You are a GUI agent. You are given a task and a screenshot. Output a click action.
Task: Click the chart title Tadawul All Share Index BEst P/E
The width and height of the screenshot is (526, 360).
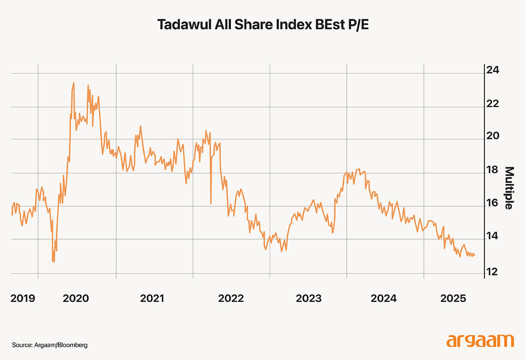[263, 25]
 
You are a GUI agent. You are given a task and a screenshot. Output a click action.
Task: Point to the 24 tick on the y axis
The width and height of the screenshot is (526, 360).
[494, 70]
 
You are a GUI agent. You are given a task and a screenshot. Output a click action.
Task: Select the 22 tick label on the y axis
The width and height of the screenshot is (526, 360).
[494, 104]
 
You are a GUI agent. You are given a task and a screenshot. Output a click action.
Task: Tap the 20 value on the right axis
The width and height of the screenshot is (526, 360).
[494, 137]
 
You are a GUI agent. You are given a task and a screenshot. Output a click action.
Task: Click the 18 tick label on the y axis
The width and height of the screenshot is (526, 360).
[494, 170]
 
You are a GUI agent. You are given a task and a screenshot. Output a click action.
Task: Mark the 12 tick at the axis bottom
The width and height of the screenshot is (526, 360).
[494, 272]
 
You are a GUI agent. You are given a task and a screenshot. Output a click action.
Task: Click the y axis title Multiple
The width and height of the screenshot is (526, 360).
[508, 188]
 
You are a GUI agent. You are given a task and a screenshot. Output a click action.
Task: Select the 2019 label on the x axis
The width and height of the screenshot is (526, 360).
[23, 299]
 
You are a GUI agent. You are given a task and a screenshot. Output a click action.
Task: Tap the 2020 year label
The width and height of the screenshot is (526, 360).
[76, 299]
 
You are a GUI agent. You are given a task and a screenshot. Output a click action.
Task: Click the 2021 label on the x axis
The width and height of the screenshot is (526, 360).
[152, 299]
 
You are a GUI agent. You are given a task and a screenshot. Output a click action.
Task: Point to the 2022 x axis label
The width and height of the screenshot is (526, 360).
[231, 299]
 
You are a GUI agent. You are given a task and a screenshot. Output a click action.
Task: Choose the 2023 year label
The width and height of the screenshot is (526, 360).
[309, 299]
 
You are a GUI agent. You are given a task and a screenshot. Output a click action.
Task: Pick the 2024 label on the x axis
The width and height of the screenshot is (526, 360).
[384, 299]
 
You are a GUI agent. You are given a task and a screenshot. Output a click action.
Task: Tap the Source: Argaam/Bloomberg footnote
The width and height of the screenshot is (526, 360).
[50, 345]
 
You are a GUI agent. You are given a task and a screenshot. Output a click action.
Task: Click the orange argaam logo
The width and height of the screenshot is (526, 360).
[480, 341]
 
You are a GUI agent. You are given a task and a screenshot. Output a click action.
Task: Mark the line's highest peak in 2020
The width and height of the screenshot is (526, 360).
[74, 82]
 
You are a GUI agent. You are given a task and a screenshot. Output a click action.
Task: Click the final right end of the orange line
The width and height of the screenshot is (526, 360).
[474, 255]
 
